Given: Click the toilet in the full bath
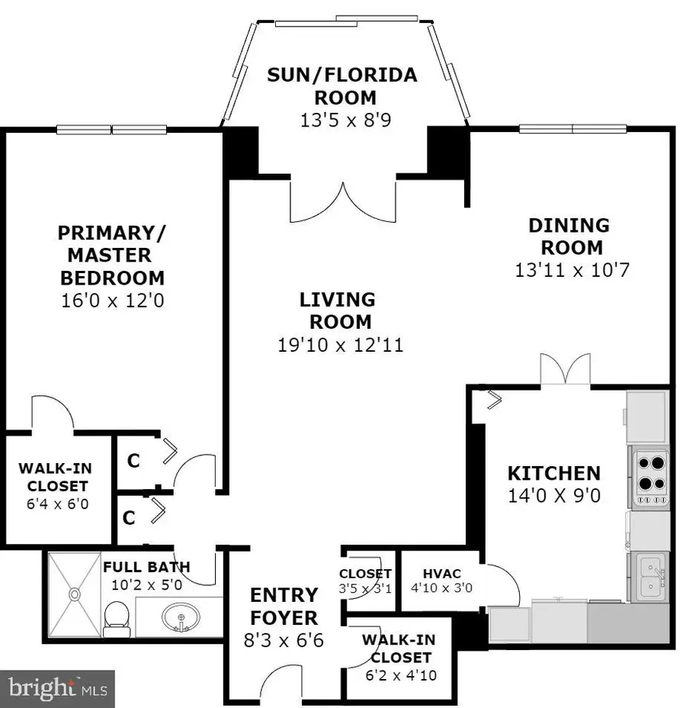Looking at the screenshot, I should (117, 618).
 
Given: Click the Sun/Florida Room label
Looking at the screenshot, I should (342, 86).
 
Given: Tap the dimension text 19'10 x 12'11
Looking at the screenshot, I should (340, 345).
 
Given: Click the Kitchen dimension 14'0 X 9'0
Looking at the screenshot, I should (554, 496).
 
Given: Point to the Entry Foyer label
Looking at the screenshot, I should (284, 606).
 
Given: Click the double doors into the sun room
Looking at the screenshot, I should (343, 202).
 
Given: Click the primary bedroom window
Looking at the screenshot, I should (112, 129).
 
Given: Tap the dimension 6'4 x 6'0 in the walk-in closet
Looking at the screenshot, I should (53, 504).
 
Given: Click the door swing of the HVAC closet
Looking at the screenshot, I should (503, 584).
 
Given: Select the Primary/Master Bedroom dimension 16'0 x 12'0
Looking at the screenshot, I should (112, 300).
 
